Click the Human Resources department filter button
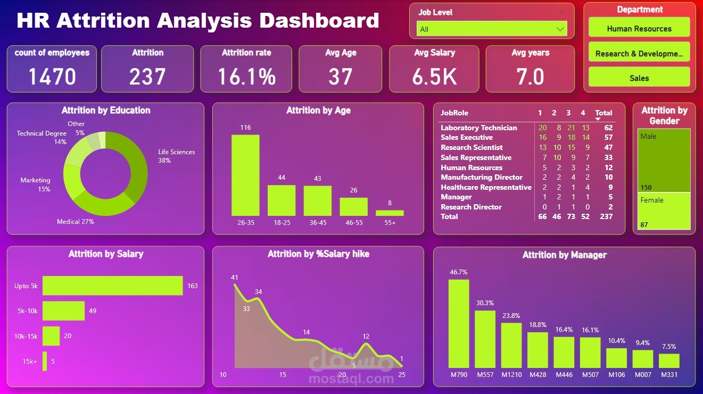coord(639,29)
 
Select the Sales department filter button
coord(639,78)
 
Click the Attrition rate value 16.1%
coord(246,77)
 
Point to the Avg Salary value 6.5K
coord(434,77)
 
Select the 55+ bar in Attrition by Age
coord(390,213)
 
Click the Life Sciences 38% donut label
coord(176,156)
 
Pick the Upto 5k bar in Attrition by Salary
coord(112,286)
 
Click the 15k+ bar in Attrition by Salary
coord(45,362)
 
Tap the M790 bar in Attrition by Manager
coord(459,324)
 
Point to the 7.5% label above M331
coord(669,347)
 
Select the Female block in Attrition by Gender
coord(664,211)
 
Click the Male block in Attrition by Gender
coord(664,160)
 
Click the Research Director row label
coord(471,207)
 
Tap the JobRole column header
coord(454,113)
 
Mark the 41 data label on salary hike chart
coord(235,278)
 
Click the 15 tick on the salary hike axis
coord(283,375)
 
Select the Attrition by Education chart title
coord(106,111)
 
